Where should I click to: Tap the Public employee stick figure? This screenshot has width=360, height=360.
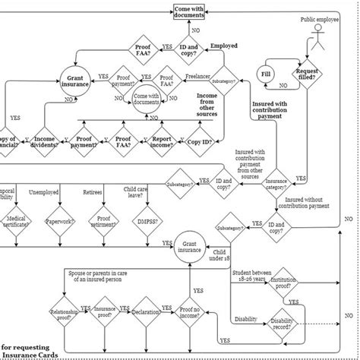(x=318, y=43)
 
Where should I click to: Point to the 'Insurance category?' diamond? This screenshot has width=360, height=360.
(x=276, y=183)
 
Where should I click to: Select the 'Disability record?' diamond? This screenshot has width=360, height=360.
(x=282, y=324)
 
